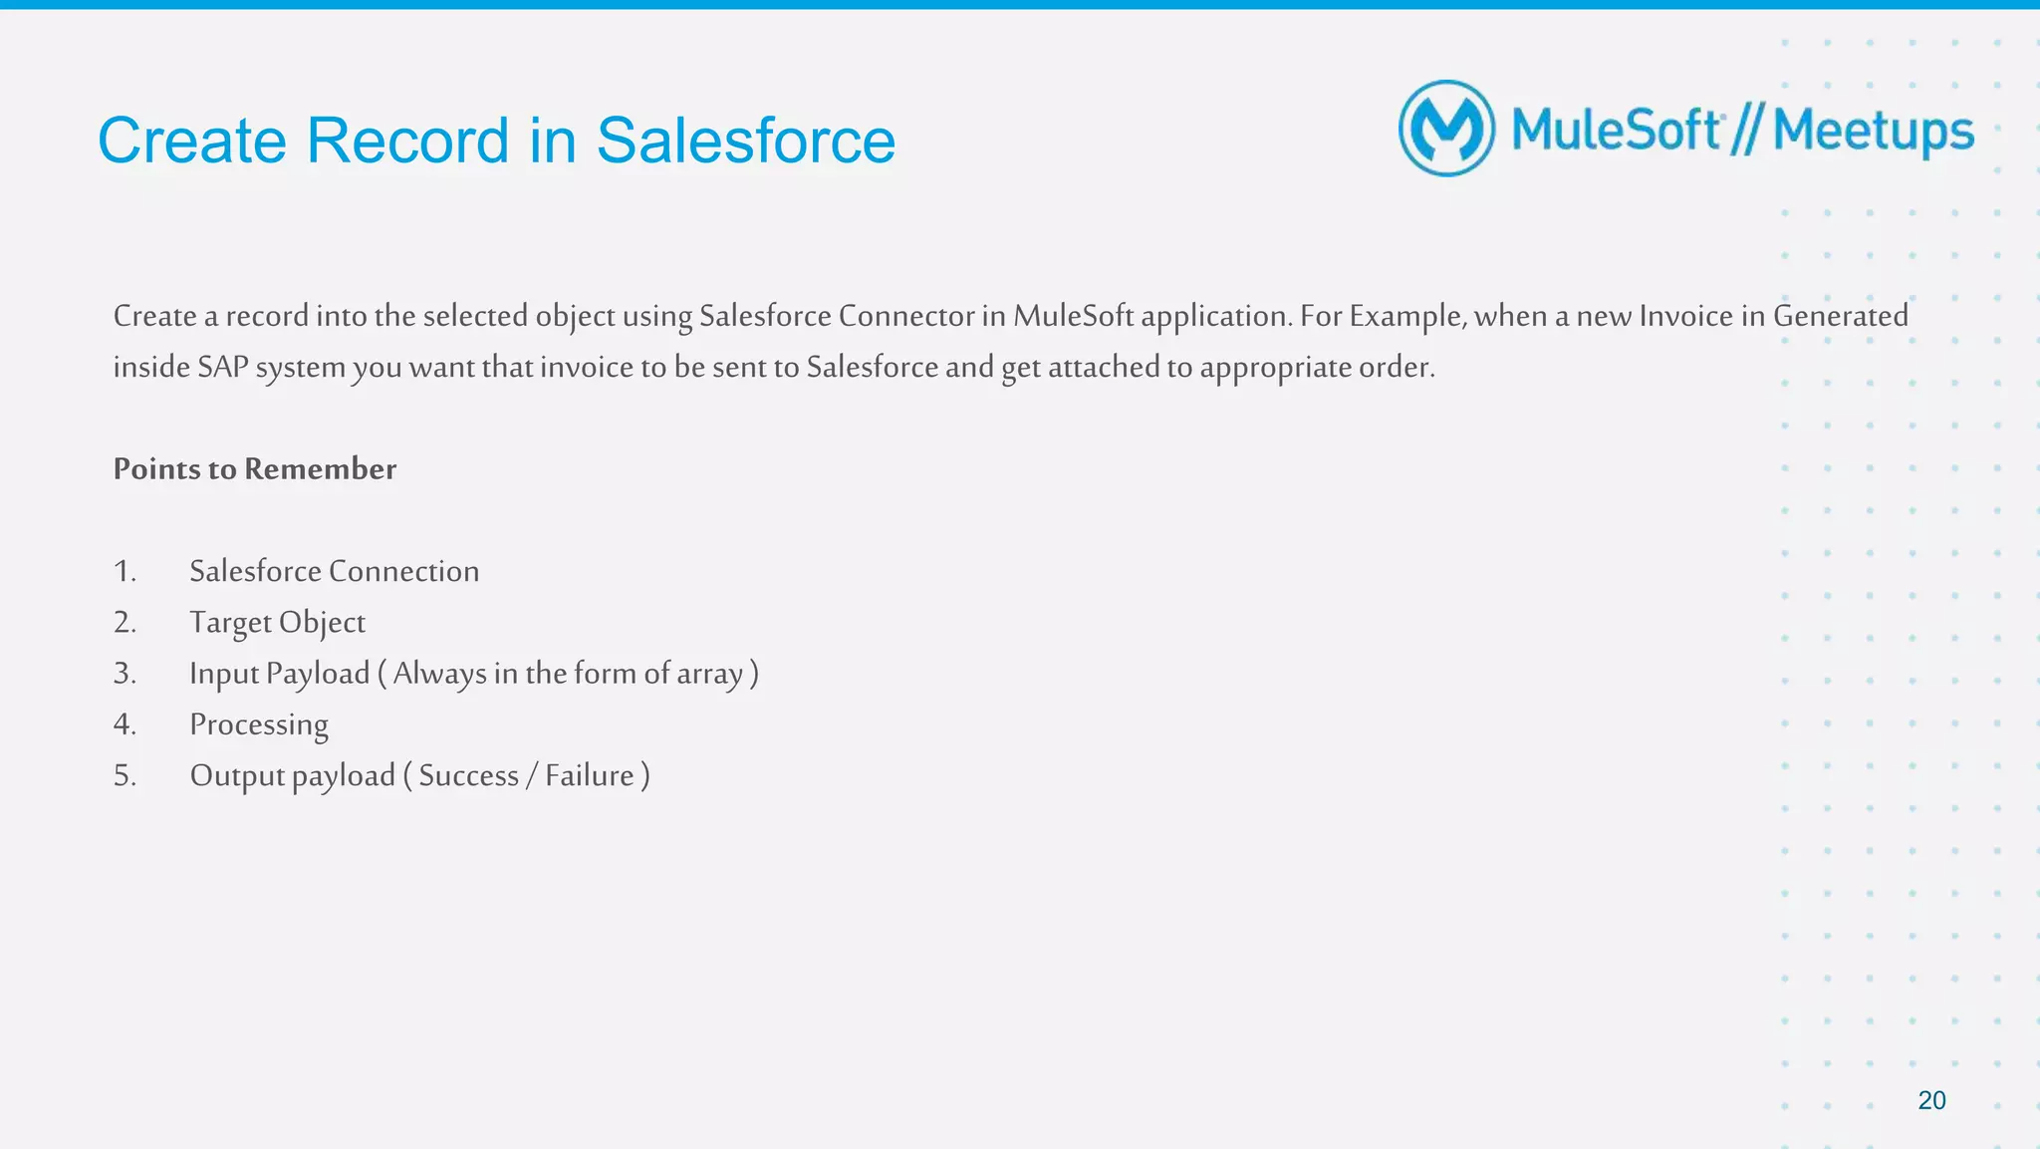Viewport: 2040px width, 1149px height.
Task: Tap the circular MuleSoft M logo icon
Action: (1446, 129)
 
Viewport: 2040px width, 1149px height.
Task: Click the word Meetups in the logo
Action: (1873, 132)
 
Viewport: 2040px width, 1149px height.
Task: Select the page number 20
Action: (1931, 1100)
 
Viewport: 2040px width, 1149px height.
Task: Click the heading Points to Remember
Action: (254, 468)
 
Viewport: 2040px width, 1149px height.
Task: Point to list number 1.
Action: (124, 571)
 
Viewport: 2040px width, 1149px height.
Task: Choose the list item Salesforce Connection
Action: (334, 571)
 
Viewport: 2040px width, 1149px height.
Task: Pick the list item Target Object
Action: (277, 622)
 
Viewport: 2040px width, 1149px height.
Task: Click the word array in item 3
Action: (709, 674)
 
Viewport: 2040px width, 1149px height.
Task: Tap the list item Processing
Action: (259, 724)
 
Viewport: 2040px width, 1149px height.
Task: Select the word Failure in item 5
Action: (589, 775)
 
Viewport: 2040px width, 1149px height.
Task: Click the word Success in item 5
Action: (468, 775)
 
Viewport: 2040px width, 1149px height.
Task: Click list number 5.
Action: (124, 775)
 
